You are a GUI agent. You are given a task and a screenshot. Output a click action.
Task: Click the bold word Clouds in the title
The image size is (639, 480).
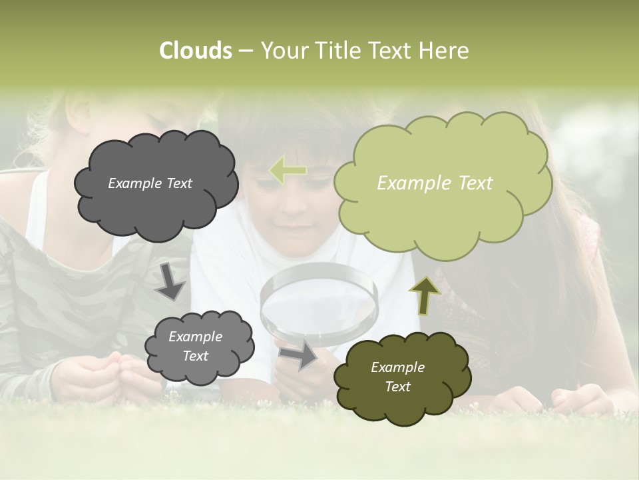coord(195,51)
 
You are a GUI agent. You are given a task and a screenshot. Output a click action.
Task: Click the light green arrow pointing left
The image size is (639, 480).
coord(288,171)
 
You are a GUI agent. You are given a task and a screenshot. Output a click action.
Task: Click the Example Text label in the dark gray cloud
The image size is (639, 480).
coord(150,183)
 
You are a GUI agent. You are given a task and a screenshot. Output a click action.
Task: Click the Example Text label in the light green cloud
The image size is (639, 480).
coord(435,183)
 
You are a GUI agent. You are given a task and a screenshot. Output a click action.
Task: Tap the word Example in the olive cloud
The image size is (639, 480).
coord(397,367)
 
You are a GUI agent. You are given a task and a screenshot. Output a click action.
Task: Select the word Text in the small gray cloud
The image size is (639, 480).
coord(195,357)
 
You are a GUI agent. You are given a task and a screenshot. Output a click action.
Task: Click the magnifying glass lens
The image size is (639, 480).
coord(318,300)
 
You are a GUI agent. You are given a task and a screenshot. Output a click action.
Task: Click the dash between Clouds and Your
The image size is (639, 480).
coord(245,51)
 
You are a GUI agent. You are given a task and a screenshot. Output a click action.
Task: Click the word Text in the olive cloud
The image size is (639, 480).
coord(397,387)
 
